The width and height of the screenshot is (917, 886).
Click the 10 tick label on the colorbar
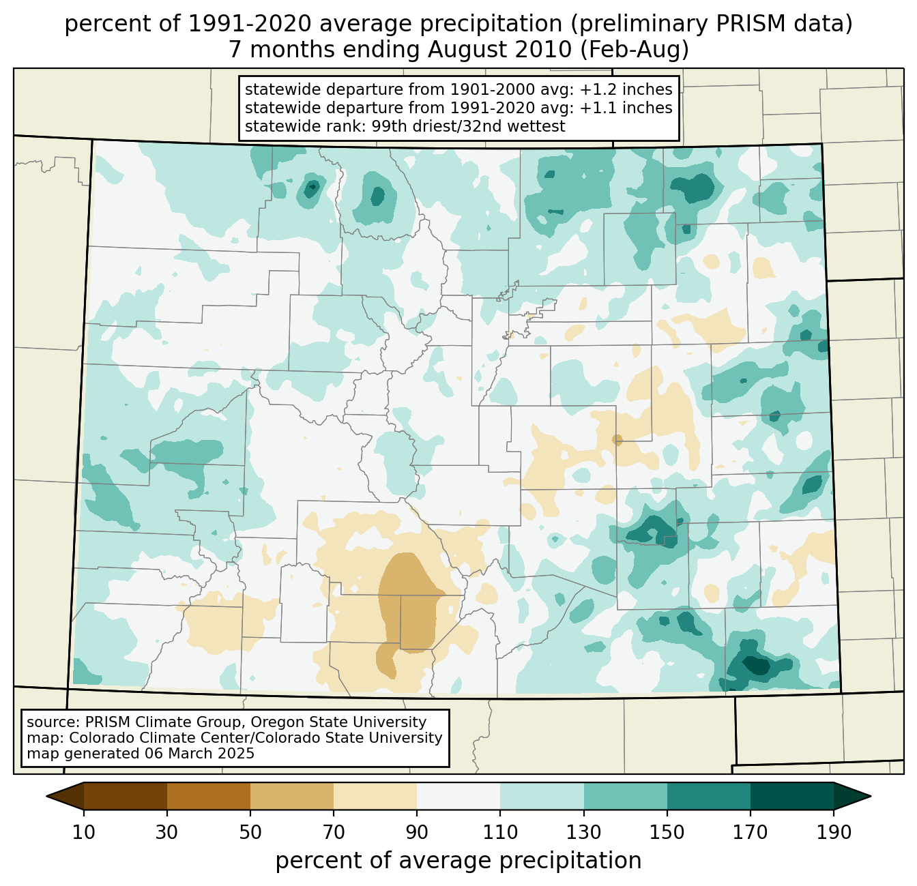pyautogui.click(x=84, y=833)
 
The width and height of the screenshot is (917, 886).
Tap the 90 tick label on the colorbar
pyautogui.click(x=417, y=833)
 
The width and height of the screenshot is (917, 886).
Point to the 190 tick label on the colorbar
pyautogui.click(x=833, y=833)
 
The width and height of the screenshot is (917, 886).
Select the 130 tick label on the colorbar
pyautogui.click(x=583, y=833)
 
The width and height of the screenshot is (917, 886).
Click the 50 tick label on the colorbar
pyautogui.click(x=250, y=833)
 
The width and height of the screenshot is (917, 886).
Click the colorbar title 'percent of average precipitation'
pyautogui.click(x=458, y=861)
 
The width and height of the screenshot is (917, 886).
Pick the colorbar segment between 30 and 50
pyautogui.click(x=209, y=796)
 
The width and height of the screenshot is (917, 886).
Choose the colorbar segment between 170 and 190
pyautogui.click(x=791, y=796)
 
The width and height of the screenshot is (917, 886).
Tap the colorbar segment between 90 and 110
pyautogui.click(x=458, y=796)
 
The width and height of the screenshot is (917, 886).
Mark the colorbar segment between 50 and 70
pyautogui.click(x=292, y=796)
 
